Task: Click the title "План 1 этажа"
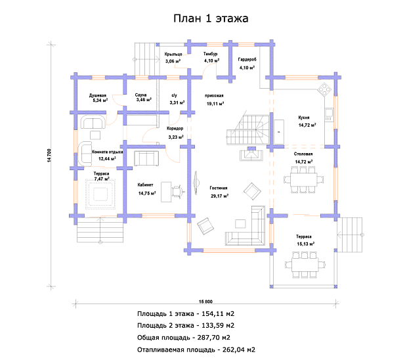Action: pyautogui.click(x=211, y=18)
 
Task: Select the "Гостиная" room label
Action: pyautogui.click(x=219, y=188)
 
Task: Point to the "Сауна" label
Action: pyautogui.click(x=140, y=95)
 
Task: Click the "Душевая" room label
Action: pyautogui.click(x=98, y=96)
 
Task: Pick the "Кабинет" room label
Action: pyautogui.click(x=146, y=185)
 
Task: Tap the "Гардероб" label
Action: pyautogui.click(x=247, y=60)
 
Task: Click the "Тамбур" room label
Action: pyautogui.click(x=211, y=53)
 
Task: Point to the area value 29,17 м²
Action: pyautogui.click(x=219, y=196)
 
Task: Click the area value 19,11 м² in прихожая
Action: pyautogui.click(x=215, y=104)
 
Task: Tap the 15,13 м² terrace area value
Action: pyautogui.click(x=305, y=243)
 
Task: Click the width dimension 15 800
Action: pyautogui.click(x=204, y=302)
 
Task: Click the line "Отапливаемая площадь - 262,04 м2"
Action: pyautogui.click(x=196, y=349)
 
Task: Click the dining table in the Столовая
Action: pyautogui.click(x=303, y=177)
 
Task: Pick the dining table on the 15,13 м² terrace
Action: pyautogui.click(x=305, y=266)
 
